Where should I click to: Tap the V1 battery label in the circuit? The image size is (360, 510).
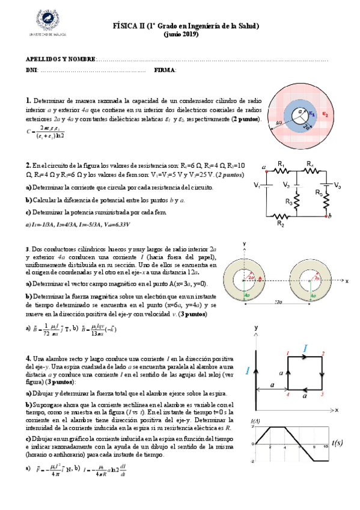point(257,185)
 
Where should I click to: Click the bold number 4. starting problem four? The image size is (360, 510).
point(28,357)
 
